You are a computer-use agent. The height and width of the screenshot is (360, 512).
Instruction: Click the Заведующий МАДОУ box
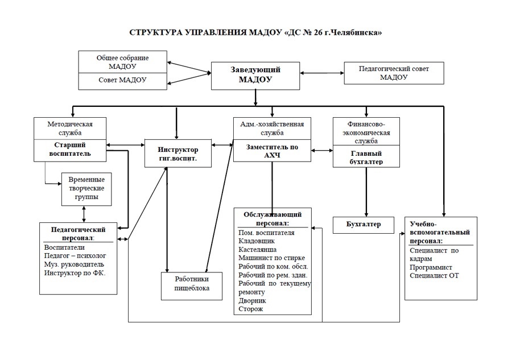(255, 76)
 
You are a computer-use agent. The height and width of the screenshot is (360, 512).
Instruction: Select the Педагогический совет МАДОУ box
(394, 73)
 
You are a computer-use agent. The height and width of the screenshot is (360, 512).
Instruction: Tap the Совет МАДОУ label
(122, 80)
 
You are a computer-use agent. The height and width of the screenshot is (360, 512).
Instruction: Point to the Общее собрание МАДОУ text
(122, 62)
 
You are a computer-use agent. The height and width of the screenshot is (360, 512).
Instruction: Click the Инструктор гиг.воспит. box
(178, 154)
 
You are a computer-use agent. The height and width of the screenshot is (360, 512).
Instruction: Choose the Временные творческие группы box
(86, 189)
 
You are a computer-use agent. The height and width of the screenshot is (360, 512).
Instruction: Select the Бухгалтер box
(364, 225)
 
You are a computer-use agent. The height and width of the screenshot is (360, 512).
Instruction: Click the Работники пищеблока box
(192, 286)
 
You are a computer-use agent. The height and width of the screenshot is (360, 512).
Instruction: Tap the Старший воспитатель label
(70, 149)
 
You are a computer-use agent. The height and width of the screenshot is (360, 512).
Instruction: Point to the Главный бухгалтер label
(366, 158)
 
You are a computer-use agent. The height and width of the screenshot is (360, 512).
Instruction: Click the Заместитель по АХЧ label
(272, 151)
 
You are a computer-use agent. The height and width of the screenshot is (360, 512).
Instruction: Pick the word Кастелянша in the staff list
(257, 250)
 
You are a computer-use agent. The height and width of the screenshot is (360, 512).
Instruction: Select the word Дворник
(252, 301)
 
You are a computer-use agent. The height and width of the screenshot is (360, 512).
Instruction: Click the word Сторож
(250, 309)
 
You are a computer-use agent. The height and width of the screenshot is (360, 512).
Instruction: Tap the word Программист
(431, 267)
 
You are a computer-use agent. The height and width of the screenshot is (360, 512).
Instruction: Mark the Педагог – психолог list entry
(75, 256)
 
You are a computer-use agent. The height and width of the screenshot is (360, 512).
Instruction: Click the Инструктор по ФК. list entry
(75, 273)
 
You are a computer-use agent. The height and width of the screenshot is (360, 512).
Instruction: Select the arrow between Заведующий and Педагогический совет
(322, 73)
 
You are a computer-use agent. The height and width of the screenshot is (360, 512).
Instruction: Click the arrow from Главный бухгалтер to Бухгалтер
(366, 192)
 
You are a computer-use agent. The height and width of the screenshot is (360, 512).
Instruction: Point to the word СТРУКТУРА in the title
(155, 32)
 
